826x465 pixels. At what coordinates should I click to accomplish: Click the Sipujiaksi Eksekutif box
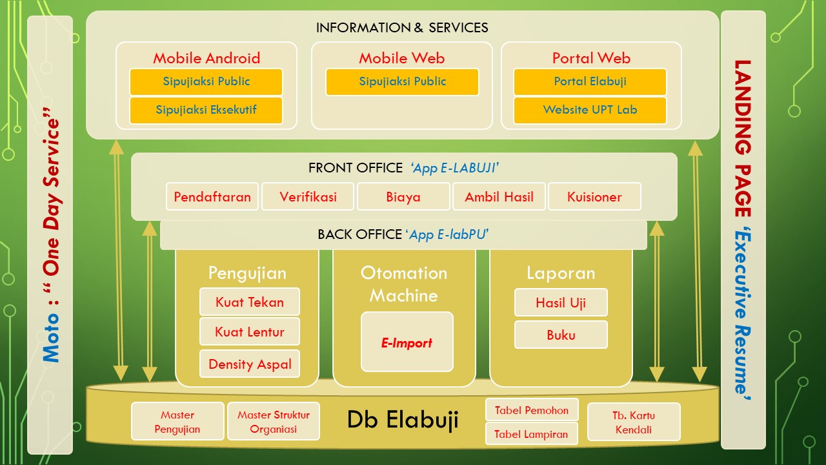click(x=206, y=110)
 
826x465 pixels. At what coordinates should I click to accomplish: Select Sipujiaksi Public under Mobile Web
click(x=402, y=82)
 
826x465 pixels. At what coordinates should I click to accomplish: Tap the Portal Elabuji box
click(x=590, y=82)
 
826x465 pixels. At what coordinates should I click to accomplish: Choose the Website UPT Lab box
click(x=590, y=110)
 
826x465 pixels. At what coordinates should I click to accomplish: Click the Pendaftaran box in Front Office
click(x=212, y=197)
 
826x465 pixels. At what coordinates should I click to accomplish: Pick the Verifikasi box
click(x=308, y=197)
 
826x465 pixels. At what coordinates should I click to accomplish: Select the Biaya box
click(x=403, y=197)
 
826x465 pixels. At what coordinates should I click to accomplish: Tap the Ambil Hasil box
click(x=499, y=197)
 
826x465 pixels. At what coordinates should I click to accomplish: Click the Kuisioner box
click(x=594, y=197)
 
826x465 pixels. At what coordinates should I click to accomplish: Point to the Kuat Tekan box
click(x=249, y=302)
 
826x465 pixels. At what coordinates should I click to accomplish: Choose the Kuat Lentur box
click(x=249, y=332)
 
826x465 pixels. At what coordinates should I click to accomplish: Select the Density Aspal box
click(x=249, y=364)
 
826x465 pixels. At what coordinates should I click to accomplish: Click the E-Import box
click(x=407, y=342)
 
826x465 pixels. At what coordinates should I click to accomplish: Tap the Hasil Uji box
click(x=561, y=302)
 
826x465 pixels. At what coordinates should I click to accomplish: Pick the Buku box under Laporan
click(x=561, y=335)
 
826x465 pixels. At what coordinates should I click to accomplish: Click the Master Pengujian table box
click(x=177, y=422)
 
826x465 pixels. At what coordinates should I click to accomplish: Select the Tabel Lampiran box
click(x=531, y=434)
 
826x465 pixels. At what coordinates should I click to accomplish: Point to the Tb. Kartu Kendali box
click(x=633, y=422)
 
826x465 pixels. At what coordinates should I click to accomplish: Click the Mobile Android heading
click(x=206, y=58)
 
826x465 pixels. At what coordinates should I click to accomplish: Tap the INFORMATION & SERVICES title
click(x=402, y=28)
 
